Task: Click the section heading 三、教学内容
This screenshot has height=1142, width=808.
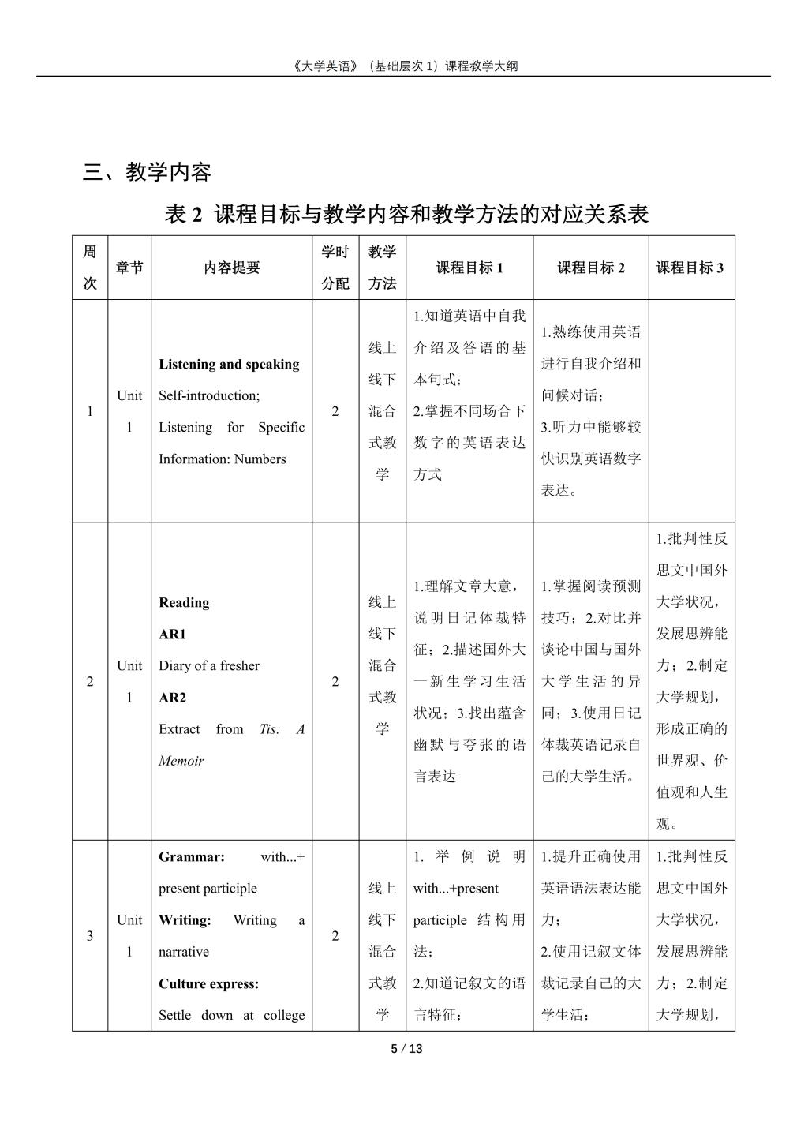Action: tap(147, 171)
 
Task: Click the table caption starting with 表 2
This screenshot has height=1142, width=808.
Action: tap(406, 214)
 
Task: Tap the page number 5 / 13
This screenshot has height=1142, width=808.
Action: tap(407, 1049)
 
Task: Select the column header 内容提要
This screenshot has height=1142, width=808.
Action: tap(231, 268)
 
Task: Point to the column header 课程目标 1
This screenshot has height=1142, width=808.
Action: tap(469, 268)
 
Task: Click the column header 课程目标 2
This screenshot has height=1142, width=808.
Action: tap(591, 268)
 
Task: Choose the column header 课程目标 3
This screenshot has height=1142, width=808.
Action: tap(690, 268)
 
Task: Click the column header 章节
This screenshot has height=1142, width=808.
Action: tap(129, 268)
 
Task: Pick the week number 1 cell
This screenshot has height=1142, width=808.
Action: tap(90, 411)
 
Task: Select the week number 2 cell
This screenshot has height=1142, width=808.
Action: tap(90, 681)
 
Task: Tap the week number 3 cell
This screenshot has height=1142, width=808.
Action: tap(90, 936)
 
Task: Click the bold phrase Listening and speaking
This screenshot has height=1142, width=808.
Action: tap(229, 364)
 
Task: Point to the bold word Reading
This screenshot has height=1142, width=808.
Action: tap(184, 603)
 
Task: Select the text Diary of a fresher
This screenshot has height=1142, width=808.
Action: tap(209, 666)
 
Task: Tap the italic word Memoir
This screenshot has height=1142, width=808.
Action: tap(181, 761)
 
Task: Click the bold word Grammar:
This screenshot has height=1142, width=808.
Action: tap(192, 856)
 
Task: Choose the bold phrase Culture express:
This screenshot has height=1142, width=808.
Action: tap(208, 983)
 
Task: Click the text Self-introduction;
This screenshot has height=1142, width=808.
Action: tap(209, 395)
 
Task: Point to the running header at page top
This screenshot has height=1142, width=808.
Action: tap(403, 66)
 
